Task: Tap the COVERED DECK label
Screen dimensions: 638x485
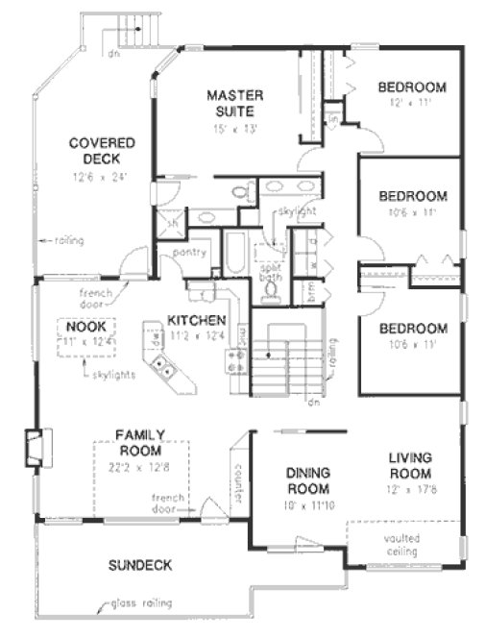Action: point(101,151)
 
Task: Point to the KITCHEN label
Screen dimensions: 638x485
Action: point(197,320)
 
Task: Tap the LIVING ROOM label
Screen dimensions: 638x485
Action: point(411,466)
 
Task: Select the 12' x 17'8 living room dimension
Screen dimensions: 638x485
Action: point(411,490)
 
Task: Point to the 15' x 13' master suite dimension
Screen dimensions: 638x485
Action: point(235,127)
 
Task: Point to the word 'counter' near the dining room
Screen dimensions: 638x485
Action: point(234,486)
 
